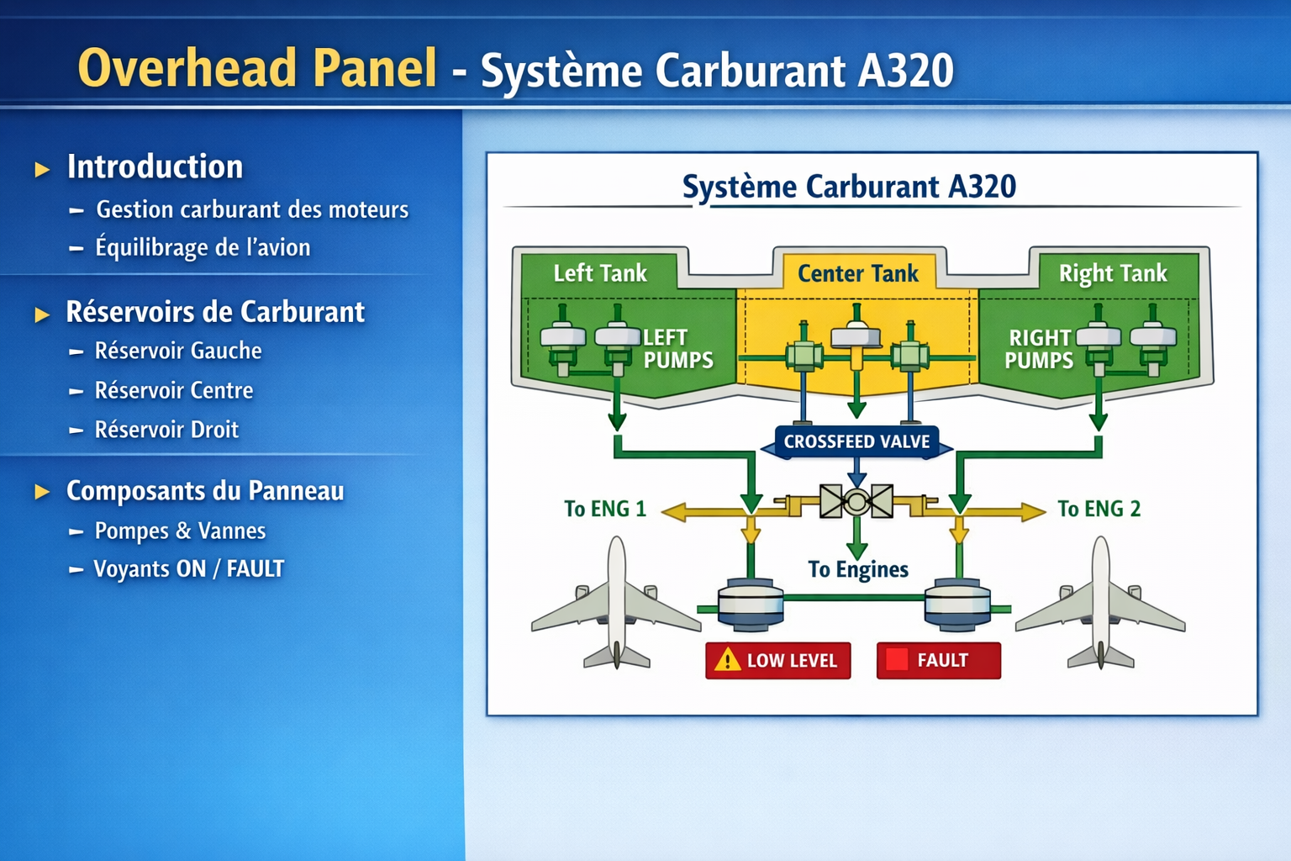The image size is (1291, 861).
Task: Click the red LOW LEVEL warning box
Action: click(777, 661)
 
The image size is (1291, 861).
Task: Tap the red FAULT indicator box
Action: click(938, 661)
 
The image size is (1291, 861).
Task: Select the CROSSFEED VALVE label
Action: click(856, 442)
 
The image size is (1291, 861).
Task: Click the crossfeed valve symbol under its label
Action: click(856, 502)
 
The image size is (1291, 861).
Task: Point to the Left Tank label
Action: click(600, 273)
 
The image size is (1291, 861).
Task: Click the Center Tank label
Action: click(857, 273)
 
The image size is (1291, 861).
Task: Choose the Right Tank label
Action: click(1113, 273)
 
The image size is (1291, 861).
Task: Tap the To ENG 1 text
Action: click(605, 510)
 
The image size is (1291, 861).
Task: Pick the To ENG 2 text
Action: click(1099, 510)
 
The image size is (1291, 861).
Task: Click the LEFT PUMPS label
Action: click(677, 349)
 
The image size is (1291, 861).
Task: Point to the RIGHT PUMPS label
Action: click(1040, 349)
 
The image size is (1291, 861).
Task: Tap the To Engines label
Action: click(858, 570)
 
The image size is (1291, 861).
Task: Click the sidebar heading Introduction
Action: click(155, 167)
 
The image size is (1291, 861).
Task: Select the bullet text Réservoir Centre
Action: click(174, 391)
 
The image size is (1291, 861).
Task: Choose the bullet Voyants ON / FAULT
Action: click(188, 569)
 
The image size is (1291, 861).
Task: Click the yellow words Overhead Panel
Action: click(257, 69)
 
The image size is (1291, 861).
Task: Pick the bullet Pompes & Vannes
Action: click(180, 531)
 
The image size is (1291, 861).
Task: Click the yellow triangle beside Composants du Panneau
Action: click(42, 492)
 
